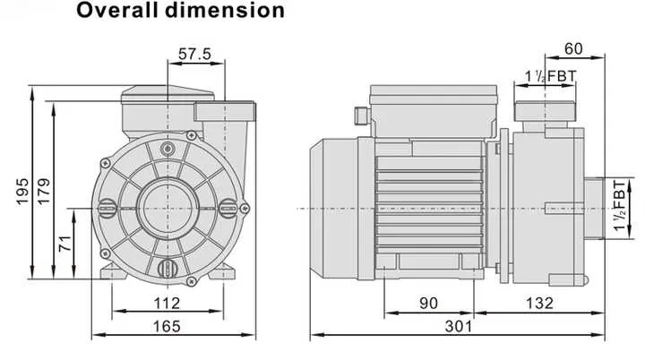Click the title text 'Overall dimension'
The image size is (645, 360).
click(x=180, y=12)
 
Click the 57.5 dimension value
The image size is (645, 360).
click(x=194, y=55)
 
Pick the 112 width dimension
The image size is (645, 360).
click(x=167, y=303)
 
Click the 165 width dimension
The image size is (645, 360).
click(x=167, y=327)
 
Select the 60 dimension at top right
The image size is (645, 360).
click(x=575, y=48)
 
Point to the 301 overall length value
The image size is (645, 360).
click(x=459, y=327)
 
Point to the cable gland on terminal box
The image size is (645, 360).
click(x=361, y=115)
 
